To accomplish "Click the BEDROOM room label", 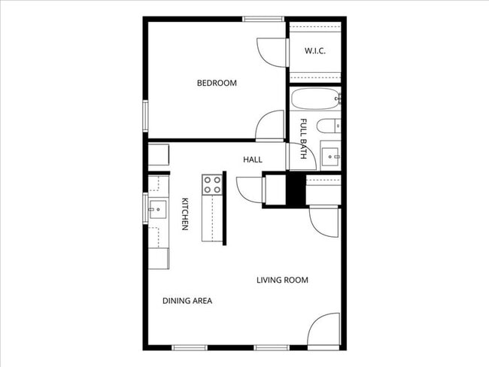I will tap(217, 83).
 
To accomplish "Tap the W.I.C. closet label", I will tap(315, 51).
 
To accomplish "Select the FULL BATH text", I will tap(304, 138).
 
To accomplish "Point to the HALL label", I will tap(253, 159).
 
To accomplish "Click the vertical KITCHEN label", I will tap(184, 214).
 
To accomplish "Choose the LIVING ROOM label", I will tap(282, 281).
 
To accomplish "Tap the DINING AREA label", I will tap(187, 301).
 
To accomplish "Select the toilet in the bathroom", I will tap(330, 126).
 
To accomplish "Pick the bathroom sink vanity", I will tap(331, 156).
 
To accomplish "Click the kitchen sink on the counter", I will tap(157, 210).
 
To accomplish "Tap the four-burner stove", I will tap(213, 184).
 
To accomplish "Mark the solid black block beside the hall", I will tap(296, 190).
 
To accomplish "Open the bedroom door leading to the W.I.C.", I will tap(273, 50).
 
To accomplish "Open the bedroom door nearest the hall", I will tap(270, 126).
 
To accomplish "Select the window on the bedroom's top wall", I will tap(263, 19).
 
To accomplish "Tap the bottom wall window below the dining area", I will tap(190, 347).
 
